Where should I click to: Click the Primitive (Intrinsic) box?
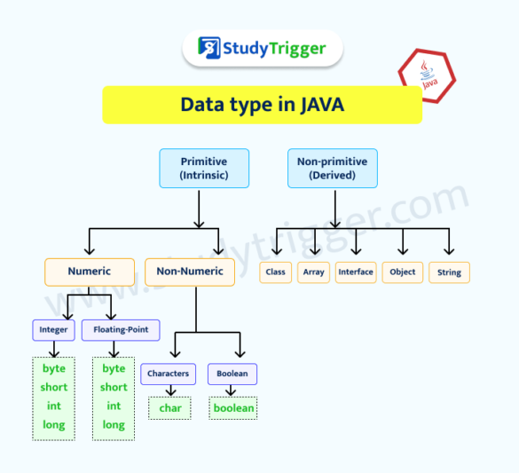coord(204,168)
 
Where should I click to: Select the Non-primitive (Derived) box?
coord(333,168)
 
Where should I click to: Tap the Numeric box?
coord(90,272)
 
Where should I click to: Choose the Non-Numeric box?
coord(190,272)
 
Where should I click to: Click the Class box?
coord(276,272)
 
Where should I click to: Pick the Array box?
coord(313,272)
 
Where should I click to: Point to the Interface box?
coord(356,272)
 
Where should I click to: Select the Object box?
coord(403,272)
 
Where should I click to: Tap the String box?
coord(449,272)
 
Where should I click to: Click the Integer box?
coord(53,330)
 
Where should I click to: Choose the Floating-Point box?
coord(121,330)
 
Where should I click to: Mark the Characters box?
coord(168,374)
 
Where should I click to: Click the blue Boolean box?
coord(232,374)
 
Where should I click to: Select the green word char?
coord(169,408)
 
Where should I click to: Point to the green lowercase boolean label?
coord(233,408)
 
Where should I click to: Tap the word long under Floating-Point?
coord(114,425)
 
